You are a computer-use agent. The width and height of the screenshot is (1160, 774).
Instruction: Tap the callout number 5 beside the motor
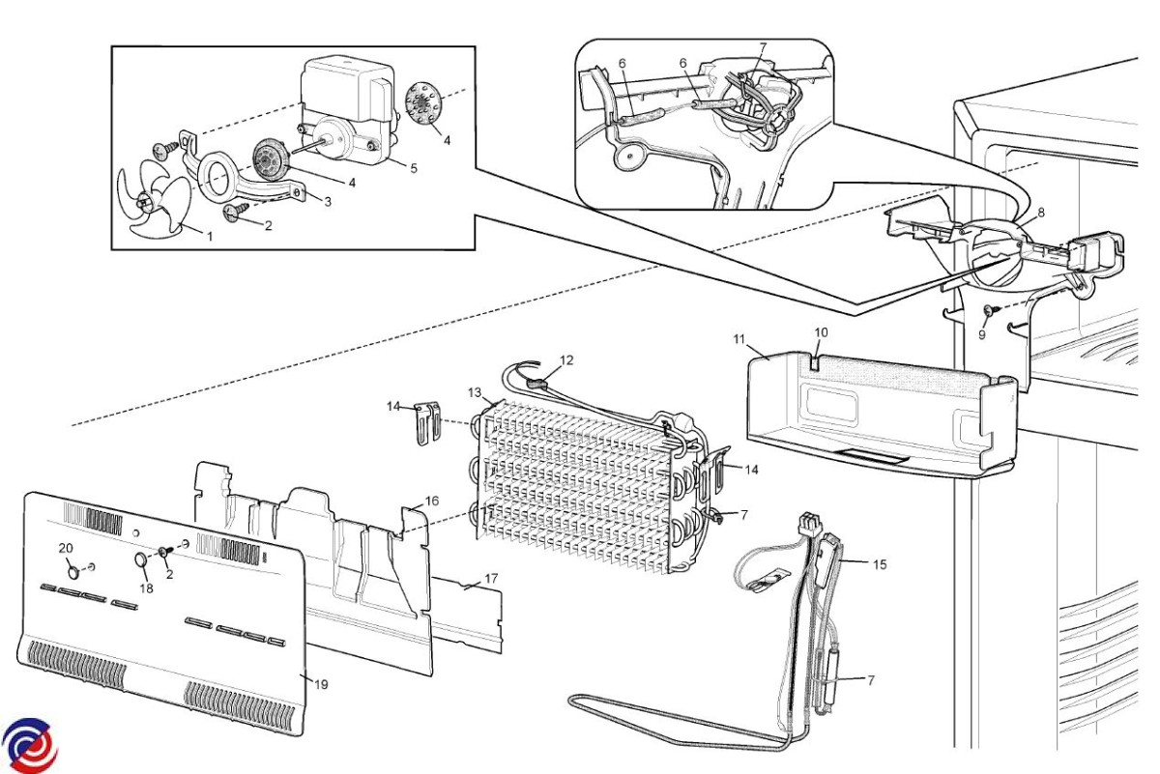(x=414, y=168)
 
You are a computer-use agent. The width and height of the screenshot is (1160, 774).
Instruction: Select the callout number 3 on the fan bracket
(x=328, y=201)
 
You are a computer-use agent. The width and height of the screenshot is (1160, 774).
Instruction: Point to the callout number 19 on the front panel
(x=321, y=684)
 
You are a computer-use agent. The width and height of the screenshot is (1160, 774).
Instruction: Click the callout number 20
(x=66, y=548)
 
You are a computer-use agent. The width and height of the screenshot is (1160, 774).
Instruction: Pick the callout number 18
(x=147, y=588)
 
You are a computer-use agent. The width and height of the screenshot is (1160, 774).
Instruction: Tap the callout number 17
(x=491, y=578)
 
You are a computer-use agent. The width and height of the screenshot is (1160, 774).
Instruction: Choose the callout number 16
(x=432, y=501)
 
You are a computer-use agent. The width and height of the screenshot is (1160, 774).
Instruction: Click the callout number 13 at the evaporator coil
(x=475, y=392)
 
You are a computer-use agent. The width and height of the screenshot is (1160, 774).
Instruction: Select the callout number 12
(x=566, y=359)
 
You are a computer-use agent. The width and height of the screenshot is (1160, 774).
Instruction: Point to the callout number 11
(x=739, y=339)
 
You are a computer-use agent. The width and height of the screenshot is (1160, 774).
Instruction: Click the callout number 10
(x=822, y=332)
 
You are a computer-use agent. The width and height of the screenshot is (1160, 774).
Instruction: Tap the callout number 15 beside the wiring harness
(x=880, y=564)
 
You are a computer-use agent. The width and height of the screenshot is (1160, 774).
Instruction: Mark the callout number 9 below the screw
(x=982, y=335)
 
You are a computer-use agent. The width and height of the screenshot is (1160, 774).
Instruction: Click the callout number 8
(x=1041, y=213)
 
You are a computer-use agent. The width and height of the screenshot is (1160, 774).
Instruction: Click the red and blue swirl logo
(x=29, y=746)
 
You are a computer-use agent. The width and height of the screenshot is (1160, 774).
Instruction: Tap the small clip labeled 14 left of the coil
(x=427, y=422)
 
